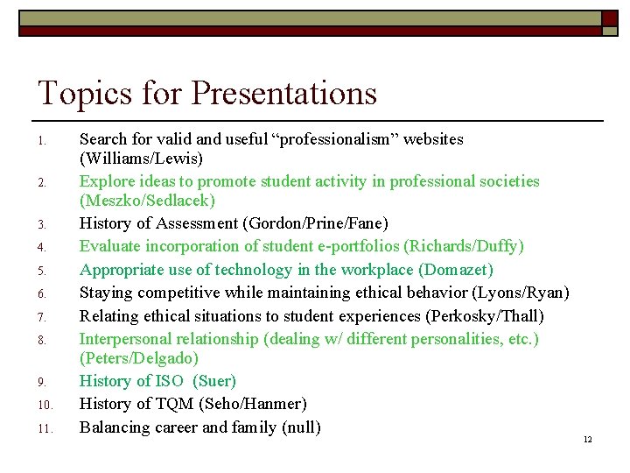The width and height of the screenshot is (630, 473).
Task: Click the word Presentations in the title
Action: point(284,93)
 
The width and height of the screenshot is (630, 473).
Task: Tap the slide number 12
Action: point(587,439)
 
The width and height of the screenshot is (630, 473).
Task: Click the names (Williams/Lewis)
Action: point(141,159)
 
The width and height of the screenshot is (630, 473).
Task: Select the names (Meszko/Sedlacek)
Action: point(147,201)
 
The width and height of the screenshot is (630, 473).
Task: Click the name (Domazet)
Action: point(456,269)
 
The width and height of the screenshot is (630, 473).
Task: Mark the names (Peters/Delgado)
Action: point(139,358)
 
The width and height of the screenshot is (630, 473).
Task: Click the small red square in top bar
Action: point(609,18)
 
